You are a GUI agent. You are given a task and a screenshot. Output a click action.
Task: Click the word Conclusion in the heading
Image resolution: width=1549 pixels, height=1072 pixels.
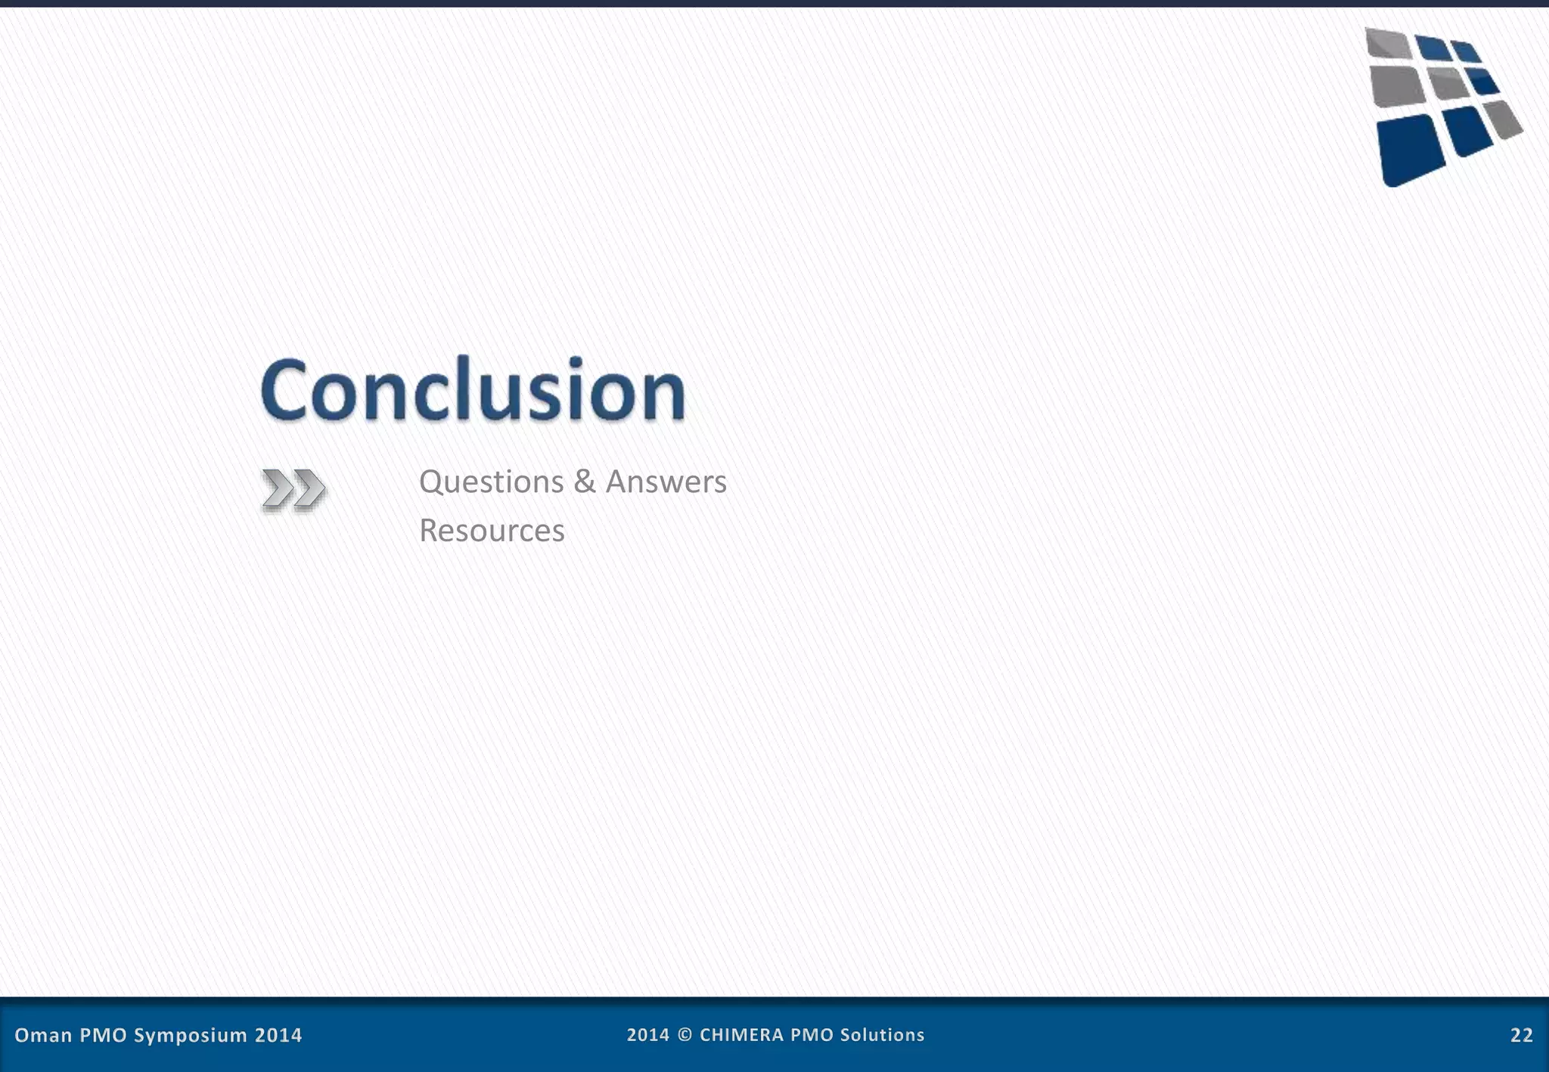473,389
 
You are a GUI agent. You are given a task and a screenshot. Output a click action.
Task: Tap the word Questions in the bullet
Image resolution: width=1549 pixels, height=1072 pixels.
491,482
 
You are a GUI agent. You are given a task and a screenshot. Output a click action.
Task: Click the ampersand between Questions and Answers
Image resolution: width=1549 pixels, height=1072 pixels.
584,482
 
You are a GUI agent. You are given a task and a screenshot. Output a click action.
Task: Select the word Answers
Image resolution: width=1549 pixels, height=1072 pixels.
666,482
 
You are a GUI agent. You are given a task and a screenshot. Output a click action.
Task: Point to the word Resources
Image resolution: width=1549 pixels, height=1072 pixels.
492,531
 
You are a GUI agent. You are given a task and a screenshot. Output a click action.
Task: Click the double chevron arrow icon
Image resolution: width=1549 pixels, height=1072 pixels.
293,489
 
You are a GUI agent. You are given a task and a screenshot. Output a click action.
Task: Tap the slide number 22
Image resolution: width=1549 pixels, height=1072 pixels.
1521,1035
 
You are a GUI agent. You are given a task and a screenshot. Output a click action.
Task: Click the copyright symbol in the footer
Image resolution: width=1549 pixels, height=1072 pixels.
684,1035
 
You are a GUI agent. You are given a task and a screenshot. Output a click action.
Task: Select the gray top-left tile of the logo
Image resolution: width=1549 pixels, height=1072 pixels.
1388,42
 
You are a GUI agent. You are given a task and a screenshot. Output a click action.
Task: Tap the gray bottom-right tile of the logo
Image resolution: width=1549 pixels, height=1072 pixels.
1503,119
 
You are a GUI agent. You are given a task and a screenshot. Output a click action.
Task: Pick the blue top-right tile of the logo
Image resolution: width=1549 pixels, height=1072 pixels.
1466,51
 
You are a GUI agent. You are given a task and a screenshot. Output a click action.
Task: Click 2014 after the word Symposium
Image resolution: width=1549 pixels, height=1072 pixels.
278,1035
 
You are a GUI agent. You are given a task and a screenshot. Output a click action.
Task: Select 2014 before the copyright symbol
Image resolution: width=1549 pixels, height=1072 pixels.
647,1035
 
